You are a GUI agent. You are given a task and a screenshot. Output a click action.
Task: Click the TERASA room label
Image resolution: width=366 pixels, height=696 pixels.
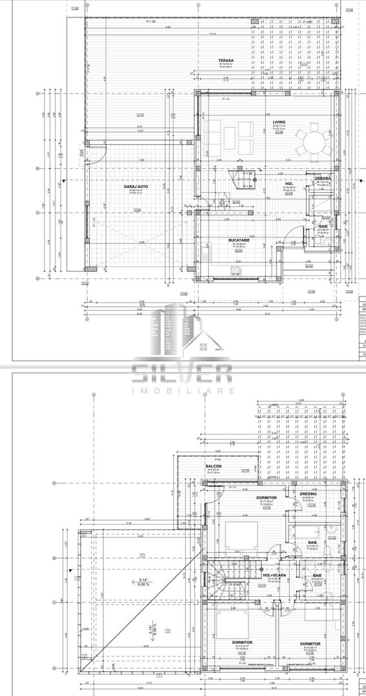point(226,61)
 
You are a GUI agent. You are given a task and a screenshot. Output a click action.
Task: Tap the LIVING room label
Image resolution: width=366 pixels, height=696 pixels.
point(279,121)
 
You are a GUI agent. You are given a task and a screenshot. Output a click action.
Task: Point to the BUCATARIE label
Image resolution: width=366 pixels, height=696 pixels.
point(239,240)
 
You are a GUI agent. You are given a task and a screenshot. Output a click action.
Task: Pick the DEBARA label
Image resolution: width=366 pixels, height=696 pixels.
point(323,178)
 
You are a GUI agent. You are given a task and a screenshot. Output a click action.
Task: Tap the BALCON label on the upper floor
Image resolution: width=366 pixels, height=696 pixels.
point(214,466)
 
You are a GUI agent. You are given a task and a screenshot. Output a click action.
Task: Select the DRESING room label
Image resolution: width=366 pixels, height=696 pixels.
point(309,495)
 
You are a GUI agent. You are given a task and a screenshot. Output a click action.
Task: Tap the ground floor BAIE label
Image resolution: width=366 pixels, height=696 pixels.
point(323,227)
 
